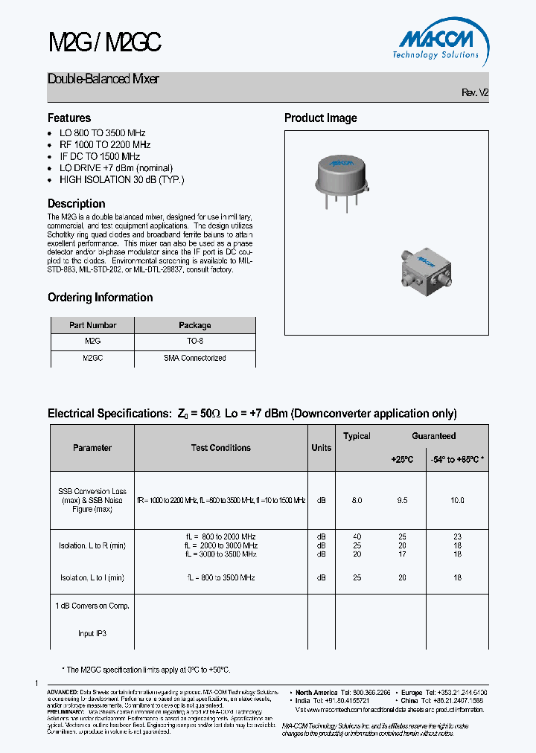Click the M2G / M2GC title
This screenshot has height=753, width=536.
[x=104, y=44]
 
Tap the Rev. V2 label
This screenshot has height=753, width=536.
[x=474, y=93]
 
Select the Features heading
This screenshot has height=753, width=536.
[x=69, y=118]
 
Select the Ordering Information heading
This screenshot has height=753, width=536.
[x=100, y=298]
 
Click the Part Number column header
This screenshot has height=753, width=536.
[x=92, y=325]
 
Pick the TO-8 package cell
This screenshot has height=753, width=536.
[x=195, y=341]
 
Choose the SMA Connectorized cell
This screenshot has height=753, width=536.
[x=195, y=358]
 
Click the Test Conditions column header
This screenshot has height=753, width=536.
[x=220, y=448]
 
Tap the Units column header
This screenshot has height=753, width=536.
[x=321, y=448]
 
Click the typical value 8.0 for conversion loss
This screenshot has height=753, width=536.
[x=357, y=501]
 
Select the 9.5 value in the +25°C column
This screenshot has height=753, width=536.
[x=402, y=501]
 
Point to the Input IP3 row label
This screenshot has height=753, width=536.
[x=92, y=634]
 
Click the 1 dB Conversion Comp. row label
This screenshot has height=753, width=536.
[x=92, y=606]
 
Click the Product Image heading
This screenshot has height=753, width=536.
[x=321, y=118]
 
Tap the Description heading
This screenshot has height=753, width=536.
[x=77, y=204]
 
